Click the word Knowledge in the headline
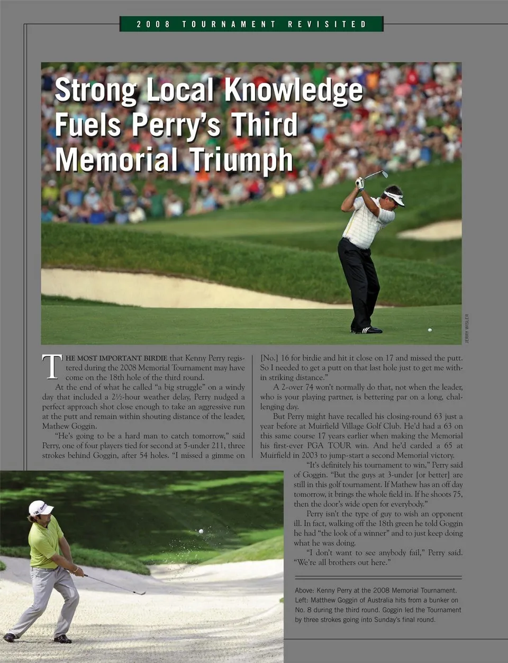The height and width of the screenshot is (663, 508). [x=294, y=90]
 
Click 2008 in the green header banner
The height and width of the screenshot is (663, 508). [x=153, y=24]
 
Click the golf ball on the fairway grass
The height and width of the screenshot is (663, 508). [x=430, y=330]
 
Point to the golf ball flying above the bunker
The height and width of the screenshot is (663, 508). [x=201, y=531]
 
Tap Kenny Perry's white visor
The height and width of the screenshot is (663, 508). [x=394, y=198]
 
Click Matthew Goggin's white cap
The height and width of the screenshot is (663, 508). [x=40, y=508]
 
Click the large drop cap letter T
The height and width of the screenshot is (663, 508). [x=52, y=366]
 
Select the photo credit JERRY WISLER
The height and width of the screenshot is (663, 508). [x=467, y=328]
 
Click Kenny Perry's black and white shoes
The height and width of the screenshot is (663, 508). [x=367, y=330]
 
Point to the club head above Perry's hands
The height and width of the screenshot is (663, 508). [x=383, y=173]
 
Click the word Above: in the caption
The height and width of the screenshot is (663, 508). [x=305, y=590]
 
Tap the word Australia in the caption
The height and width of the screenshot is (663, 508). [x=384, y=601]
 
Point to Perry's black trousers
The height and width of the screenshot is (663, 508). [x=359, y=281]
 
